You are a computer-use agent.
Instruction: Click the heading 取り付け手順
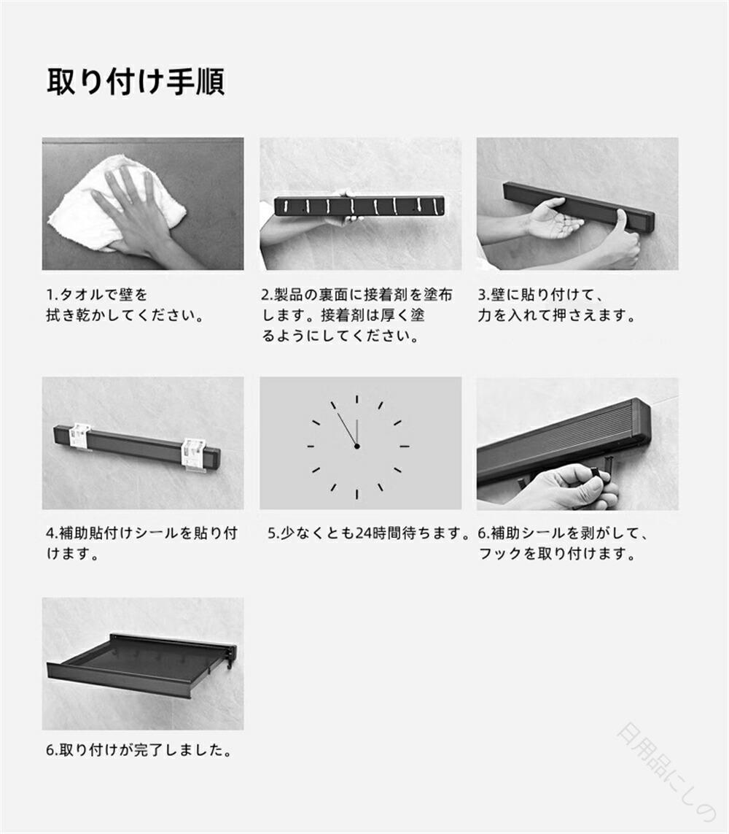(136, 82)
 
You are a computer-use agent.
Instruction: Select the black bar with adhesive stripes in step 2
(359, 206)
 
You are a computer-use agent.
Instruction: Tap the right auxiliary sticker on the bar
(193, 455)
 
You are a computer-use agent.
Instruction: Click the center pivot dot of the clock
(356, 447)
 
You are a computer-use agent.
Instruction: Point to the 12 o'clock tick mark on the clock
(356, 399)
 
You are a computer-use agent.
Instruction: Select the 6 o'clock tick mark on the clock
(356, 494)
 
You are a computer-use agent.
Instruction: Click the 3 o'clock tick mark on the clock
(405, 447)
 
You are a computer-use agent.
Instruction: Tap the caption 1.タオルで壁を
(97, 294)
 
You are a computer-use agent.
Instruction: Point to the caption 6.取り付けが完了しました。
(139, 750)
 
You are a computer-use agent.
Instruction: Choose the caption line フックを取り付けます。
(558, 554)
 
